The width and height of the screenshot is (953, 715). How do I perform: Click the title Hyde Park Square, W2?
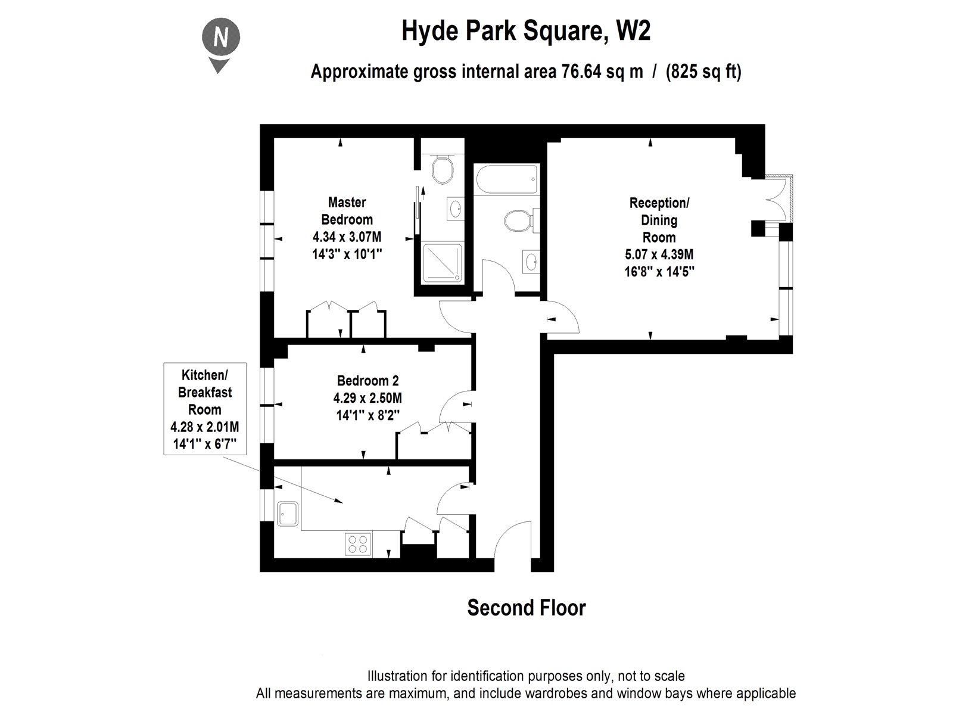coord(526,32)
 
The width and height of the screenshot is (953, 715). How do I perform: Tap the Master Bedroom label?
coord(347,211)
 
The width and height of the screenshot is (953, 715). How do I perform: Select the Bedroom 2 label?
coord(368,381)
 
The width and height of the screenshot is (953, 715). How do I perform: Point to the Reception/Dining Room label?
coord(659,220)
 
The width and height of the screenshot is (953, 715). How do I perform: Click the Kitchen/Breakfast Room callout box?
coord(205,409)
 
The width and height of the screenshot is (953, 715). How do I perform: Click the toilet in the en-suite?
coord(441,169)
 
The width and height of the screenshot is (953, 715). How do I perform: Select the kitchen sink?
coord(289,513)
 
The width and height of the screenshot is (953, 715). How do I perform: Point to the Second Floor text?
coord(526,608)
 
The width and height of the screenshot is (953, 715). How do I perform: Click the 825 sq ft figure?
coord(703,72)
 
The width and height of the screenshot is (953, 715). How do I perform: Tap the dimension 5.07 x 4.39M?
coord(659,255)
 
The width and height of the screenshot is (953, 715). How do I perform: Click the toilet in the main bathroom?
coord(516,222)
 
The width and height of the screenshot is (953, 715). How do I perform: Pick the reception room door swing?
coord(563,319)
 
